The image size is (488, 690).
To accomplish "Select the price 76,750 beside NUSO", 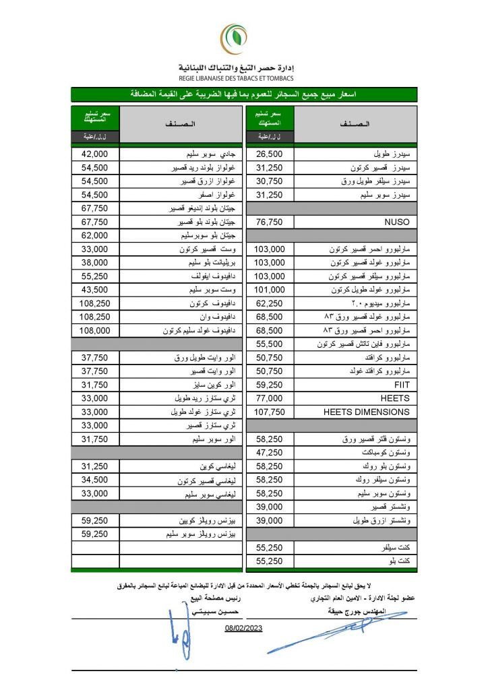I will pos(270,221).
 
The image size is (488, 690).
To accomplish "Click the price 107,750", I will pos(270,412).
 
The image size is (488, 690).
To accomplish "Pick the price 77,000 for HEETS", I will pos(270,398).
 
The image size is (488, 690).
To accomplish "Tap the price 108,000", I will pos(95,330).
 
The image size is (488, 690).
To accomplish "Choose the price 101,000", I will pos(270,289).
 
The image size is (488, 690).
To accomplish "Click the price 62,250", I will pos(270,303).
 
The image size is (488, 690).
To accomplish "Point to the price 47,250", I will pos(270,453).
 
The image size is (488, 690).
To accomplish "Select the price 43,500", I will pos(95,289).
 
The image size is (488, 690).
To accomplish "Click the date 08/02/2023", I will pos(243,628).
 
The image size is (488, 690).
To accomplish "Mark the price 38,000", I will pos(95,262).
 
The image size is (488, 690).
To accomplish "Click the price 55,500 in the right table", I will pos(270,344).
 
